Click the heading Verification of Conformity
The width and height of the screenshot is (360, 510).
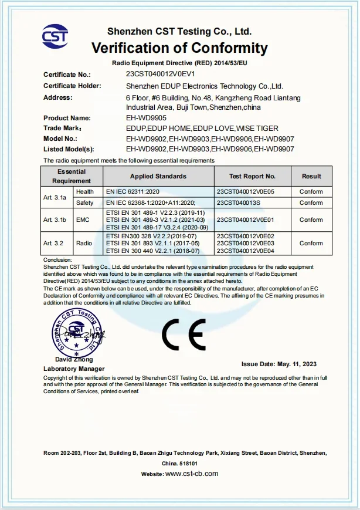(179, 48)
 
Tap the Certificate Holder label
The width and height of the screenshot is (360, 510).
(68, 86)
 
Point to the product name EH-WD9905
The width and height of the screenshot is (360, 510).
(146, 118)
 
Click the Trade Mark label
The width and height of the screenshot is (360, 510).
(62, 128)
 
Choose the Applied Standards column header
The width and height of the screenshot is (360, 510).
(158, 176)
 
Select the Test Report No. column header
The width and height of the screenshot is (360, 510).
(252, 176)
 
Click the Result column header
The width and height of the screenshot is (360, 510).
(311, 176)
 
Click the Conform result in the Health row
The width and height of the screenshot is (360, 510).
(311, 192)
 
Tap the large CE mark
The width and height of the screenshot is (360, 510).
(184, 335)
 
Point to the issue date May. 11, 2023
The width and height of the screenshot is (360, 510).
(279, 364)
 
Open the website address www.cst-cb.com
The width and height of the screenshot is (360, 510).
(192, 474)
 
